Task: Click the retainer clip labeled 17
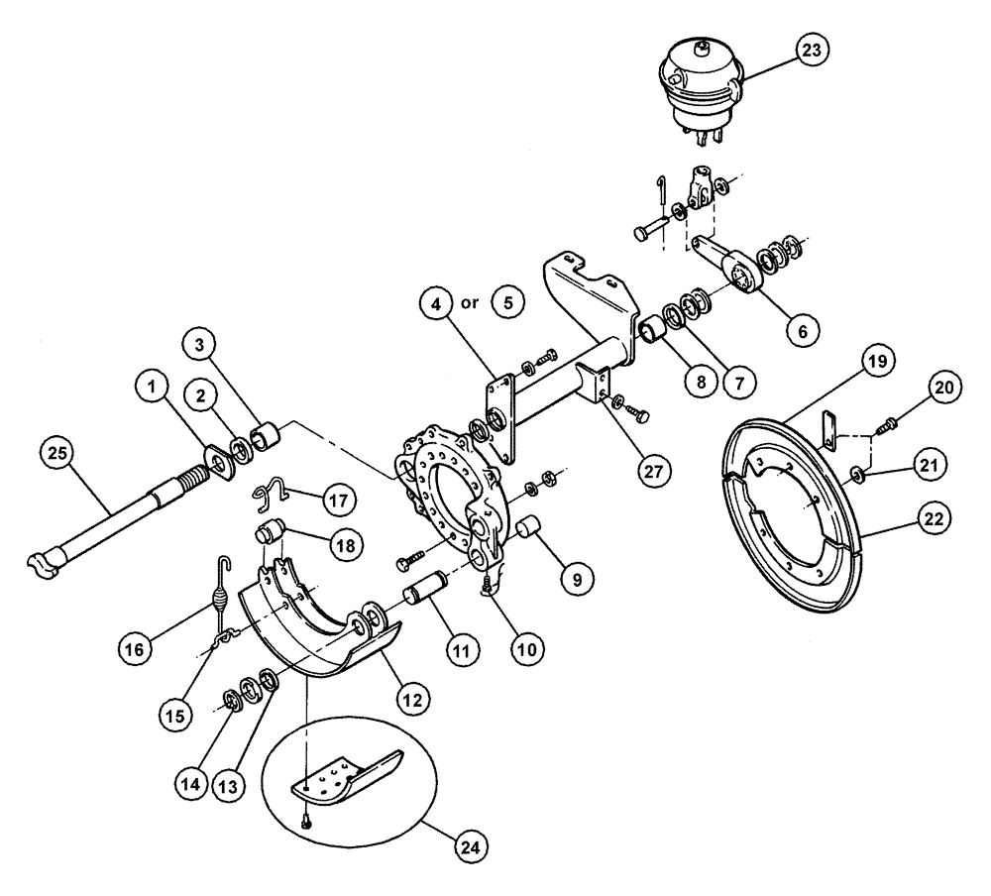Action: pos(275,491)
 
